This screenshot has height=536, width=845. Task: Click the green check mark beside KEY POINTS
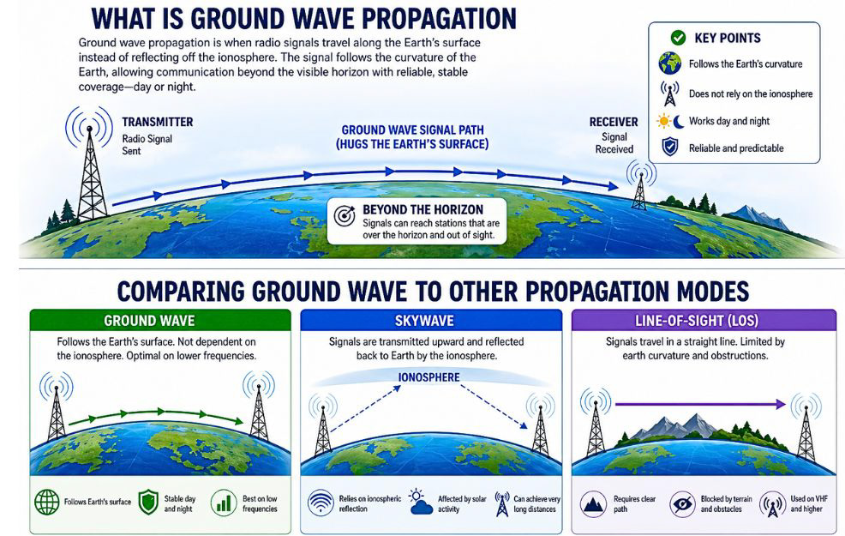coord(677,38)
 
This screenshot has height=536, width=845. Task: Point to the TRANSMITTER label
coord(157,122)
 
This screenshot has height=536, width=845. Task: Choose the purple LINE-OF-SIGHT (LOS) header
coord(695,322)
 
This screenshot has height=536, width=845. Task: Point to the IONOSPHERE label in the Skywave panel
coord(429,377)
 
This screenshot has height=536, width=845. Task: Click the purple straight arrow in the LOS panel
coord(698,403)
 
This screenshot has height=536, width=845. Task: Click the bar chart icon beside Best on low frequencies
coord(224,502)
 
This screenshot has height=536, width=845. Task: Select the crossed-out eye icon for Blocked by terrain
coord(683,502)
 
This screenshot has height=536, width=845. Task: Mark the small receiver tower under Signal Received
coord(638,184)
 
